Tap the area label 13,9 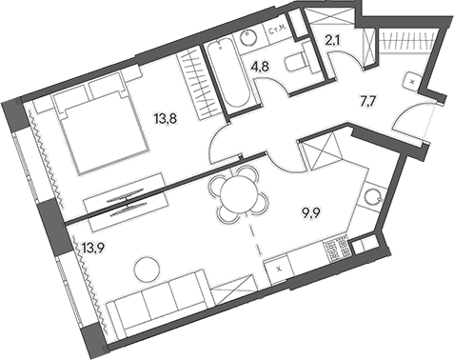coord(92,249)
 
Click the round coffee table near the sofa coord(147,270)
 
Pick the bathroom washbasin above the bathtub coord(249,37)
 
